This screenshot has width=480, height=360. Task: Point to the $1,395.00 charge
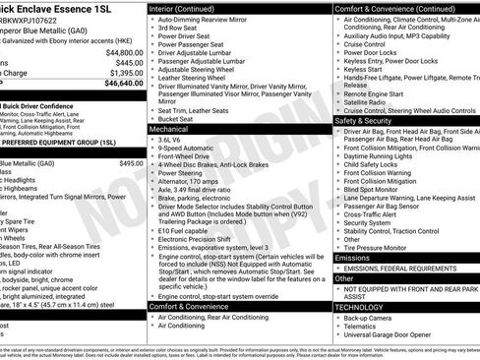pyautogui.click(x=126, y=73)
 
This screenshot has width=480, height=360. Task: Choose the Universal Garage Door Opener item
pyautogui.click(x=396, y=336)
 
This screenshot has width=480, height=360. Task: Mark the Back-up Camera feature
pyautogui.click(x=372, y=319)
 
